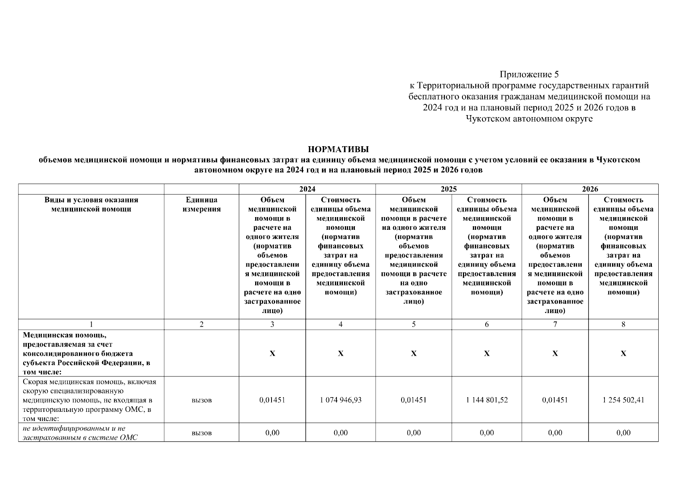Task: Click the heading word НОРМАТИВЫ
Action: click(x=338, y=150)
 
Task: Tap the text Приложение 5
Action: click(x=529, y=74)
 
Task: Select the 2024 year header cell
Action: click(x=307, y=189)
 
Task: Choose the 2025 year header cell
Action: click(x=449, y=189)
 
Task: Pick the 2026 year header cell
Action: click(x=590, y=189)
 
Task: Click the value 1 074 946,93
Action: click(x=340, y=400)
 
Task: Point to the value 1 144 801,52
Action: click(x=487, y=400)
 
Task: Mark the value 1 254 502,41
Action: click(x=623, y=400)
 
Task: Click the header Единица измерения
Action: click(x=201, y=204)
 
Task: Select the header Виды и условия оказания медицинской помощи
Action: click(x=91, y=204)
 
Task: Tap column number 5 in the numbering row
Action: click(x=413, y=324)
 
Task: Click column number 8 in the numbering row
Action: click(x=623, y=324)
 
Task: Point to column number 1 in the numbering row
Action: click(x=91, y=324)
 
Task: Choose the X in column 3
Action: click(x=272, y=353)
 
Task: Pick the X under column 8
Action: click(x=623, y=353)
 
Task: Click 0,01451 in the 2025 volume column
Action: click(x=413, y=400)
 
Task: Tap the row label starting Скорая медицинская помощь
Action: click(x=90, y=400)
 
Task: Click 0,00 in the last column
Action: click(x=623, y=433)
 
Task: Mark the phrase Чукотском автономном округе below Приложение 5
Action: click(x=529, y=119)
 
